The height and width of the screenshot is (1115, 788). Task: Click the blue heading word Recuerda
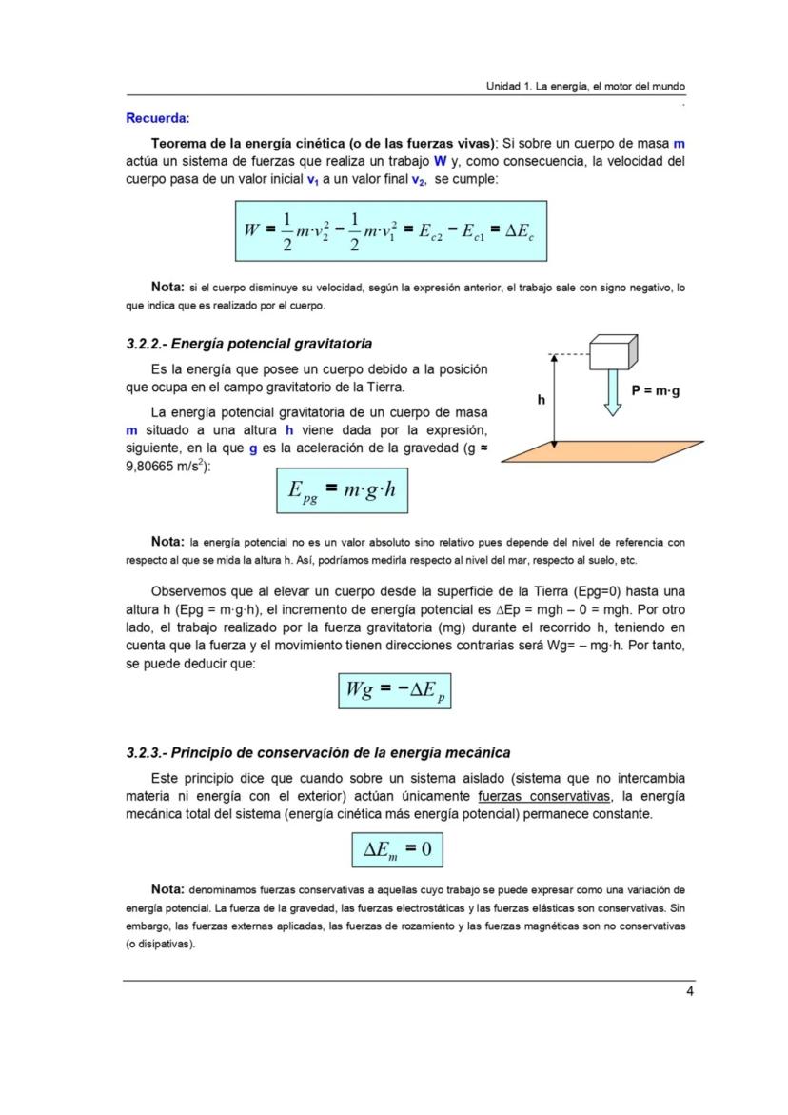(x=157, y=119)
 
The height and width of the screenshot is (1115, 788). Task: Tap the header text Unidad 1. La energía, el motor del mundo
(x=585, y=87)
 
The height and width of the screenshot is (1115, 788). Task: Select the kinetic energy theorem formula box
(x=391, y=230)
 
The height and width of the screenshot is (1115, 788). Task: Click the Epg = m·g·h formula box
(x=348, y=490)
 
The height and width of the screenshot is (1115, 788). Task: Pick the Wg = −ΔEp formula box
(x=395, y=690)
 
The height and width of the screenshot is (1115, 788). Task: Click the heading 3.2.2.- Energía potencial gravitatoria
(x=248, y=344)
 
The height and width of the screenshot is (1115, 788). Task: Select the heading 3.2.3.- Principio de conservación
(x=318, y=752)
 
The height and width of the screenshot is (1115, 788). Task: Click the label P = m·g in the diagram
(x=655, y=390)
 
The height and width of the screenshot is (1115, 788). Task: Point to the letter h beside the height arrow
(x=541, y=400)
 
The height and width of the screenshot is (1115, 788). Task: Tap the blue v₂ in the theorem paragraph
(x=418, y=179)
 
